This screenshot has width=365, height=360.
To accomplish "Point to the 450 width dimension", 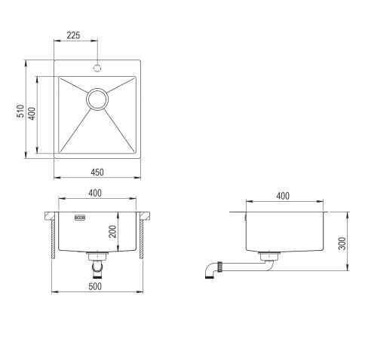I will coord(97,172).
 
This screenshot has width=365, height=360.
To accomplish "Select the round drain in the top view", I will coord(97,99).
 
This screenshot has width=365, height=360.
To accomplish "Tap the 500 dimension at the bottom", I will coord(95,285).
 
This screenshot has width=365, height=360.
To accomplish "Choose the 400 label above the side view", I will coord(283,196).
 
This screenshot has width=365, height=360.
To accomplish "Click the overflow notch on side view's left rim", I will coord(246,217).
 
